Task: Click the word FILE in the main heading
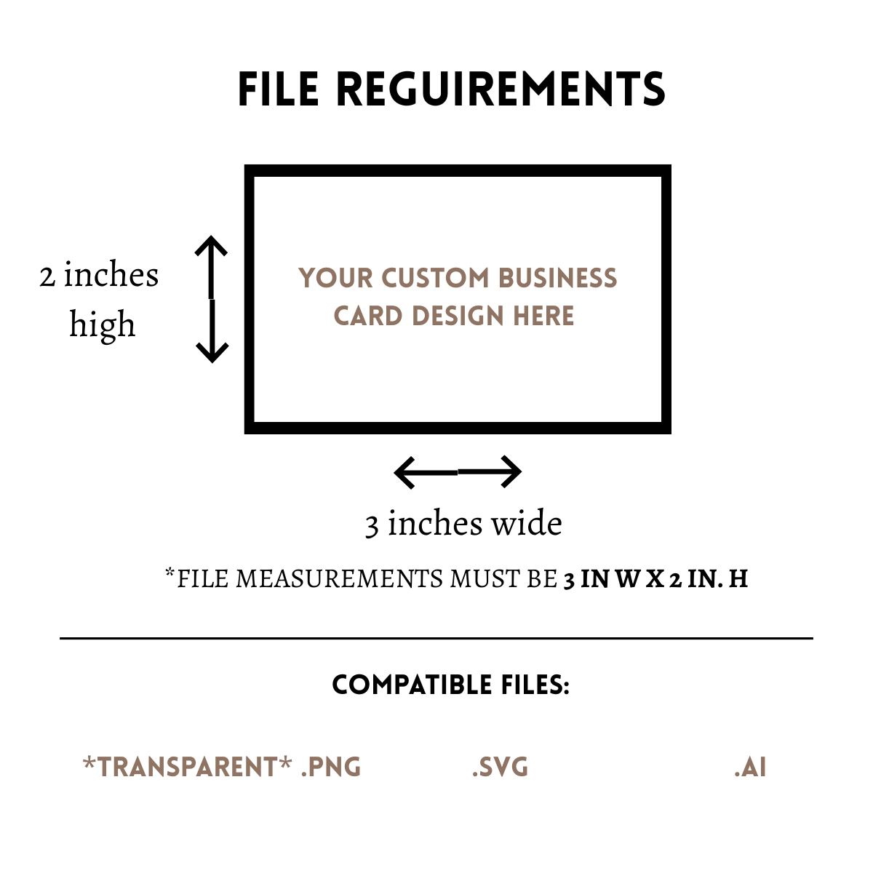(x=278, y=89)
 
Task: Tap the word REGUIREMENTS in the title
(x=501, y=89)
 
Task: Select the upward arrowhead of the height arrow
(x=211, y=246)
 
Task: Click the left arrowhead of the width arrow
(x=404, y=473)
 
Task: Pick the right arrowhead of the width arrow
(x=511, y=472)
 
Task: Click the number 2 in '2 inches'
(x=47, y=276)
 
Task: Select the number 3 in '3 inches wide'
(x=372, y=527)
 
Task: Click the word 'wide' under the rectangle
(x=527, y=523)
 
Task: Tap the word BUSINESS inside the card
(x=558, y=278)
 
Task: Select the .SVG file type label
(x=500, y=767)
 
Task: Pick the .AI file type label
(x=750, y=767)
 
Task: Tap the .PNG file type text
(x=331, y=767)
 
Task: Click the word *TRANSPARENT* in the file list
(x=188, y=766)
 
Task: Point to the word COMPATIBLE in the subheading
(x=412, y=685)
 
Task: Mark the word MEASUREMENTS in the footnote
(x=339, y=579)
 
